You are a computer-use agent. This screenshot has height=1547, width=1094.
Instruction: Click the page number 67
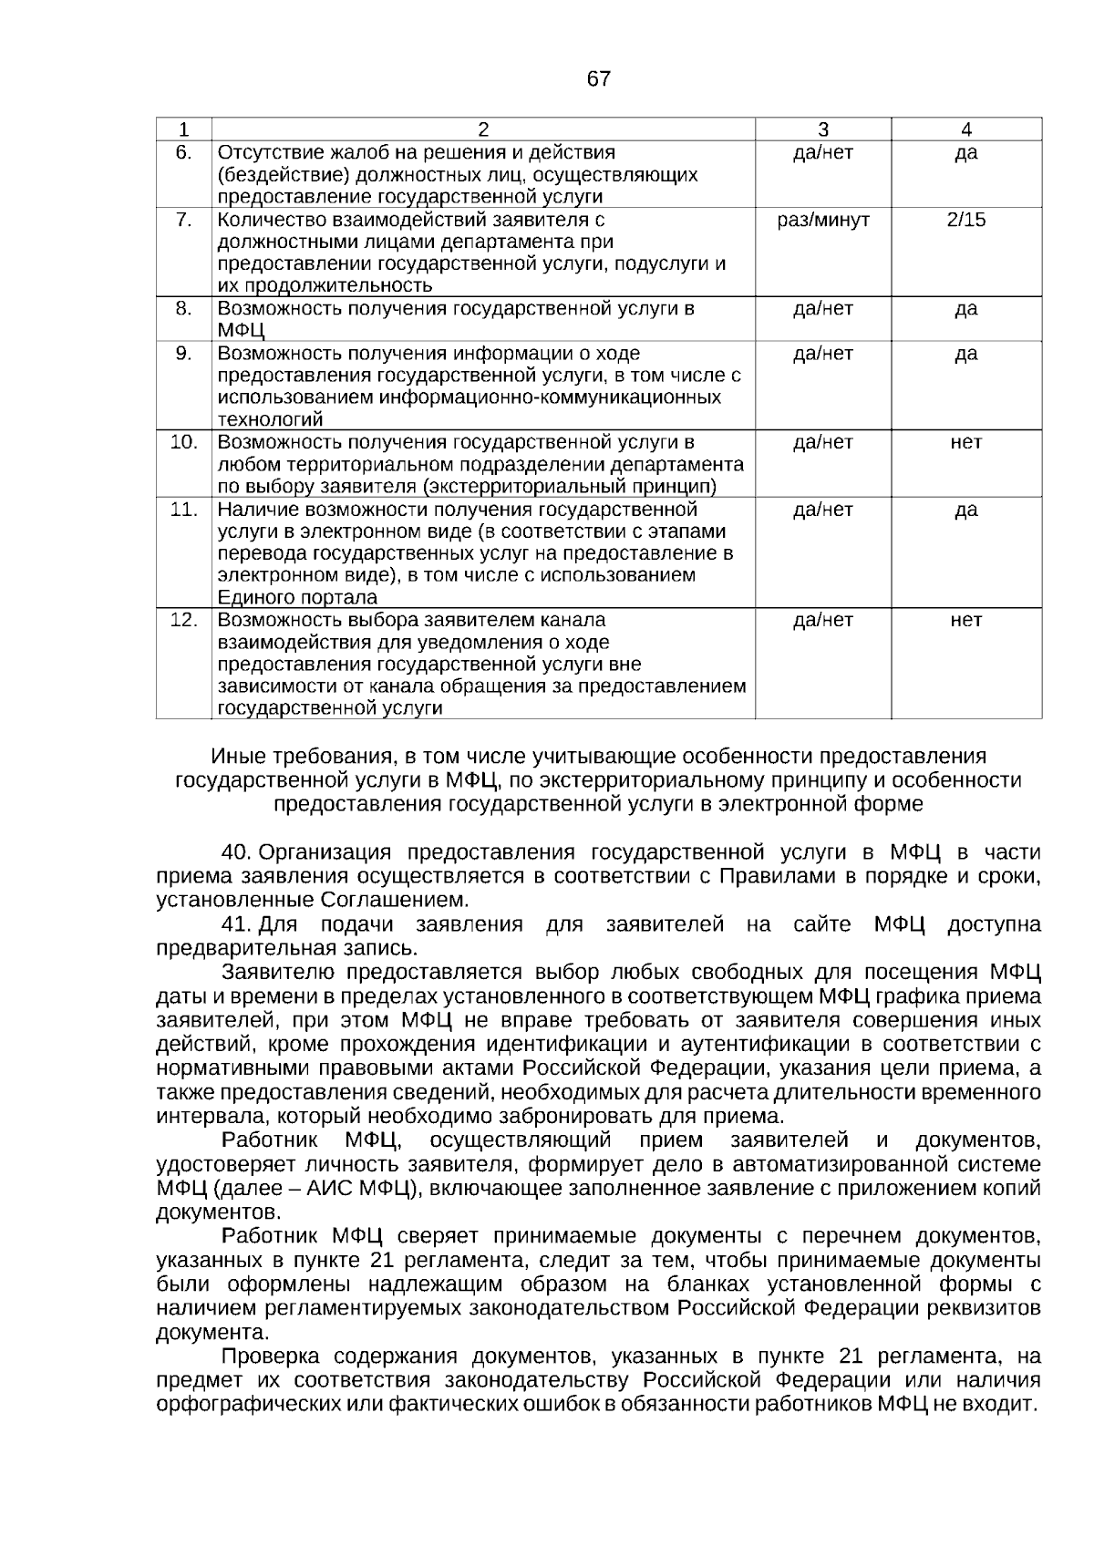[598, 79]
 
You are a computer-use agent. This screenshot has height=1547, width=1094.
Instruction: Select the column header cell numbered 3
[822, 129]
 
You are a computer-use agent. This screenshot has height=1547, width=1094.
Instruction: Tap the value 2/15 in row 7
[965, 220]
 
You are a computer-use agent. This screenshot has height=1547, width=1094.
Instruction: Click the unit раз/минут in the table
[822, 220]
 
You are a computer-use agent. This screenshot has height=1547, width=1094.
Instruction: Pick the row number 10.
[184, 442]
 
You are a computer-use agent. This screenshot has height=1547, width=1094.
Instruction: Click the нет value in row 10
[965, 442]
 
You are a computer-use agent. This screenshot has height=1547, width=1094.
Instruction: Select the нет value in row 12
[965, 620]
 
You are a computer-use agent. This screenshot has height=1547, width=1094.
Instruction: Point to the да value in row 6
[965, 152]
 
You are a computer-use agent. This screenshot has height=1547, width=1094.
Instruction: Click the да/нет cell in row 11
[822, 509]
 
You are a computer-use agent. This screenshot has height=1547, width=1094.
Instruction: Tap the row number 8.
[184, 308]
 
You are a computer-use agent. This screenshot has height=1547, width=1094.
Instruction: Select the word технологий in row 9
[270, 420]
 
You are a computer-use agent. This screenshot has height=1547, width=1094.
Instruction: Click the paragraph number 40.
[236, 852]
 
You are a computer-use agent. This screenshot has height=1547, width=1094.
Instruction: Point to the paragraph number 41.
[236, 924]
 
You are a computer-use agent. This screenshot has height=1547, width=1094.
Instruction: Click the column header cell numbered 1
[184, 129]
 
